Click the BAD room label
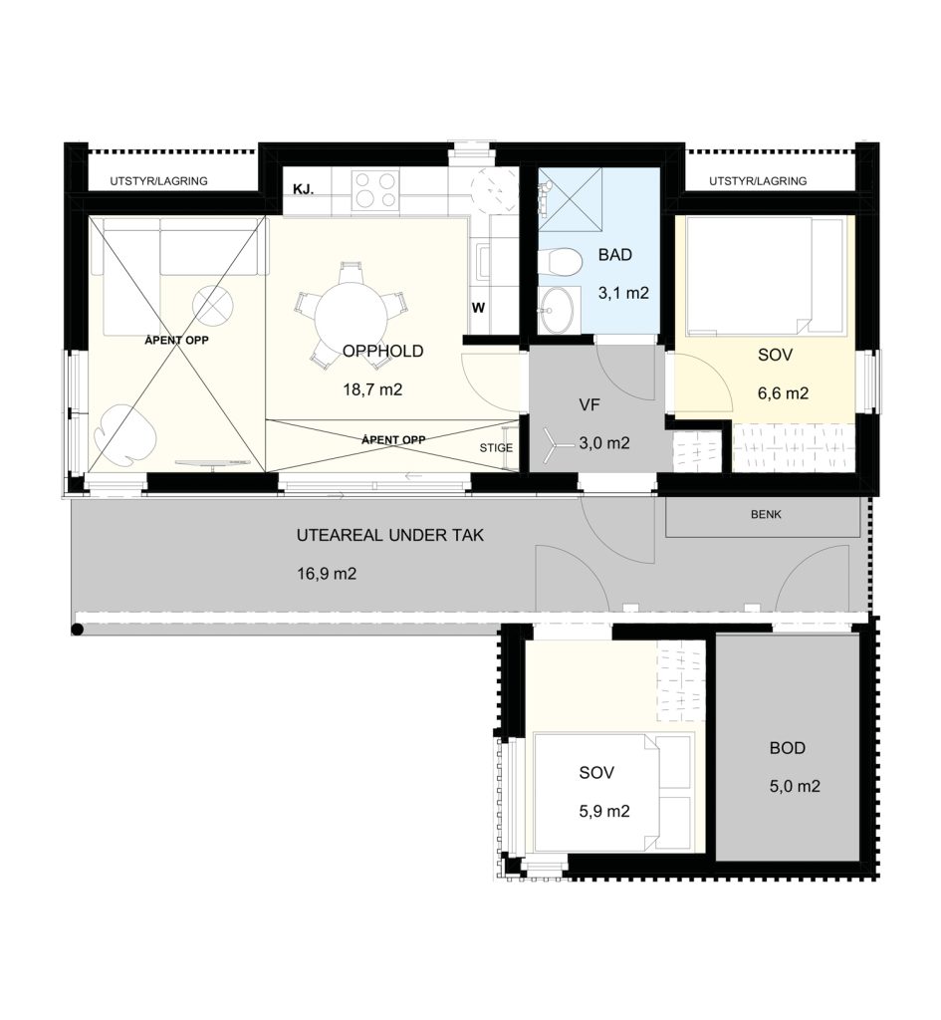point(614,255)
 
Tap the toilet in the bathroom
point(560,263)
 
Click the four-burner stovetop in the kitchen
point(374,188)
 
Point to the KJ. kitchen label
point(304,189)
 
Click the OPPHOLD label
point(383,352)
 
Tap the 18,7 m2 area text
point(372,389)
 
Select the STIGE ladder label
point(496,448)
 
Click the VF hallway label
point(589,405)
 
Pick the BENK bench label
point(766,515)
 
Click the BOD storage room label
point(788,748)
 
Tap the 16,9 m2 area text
point(327,574)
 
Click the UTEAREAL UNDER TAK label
point(390,535)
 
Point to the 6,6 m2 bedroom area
point(783,393)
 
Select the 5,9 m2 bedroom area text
point(604,812)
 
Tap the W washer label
point(479,308)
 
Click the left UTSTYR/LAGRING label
point(158,181)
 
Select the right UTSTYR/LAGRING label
point(758,181)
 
